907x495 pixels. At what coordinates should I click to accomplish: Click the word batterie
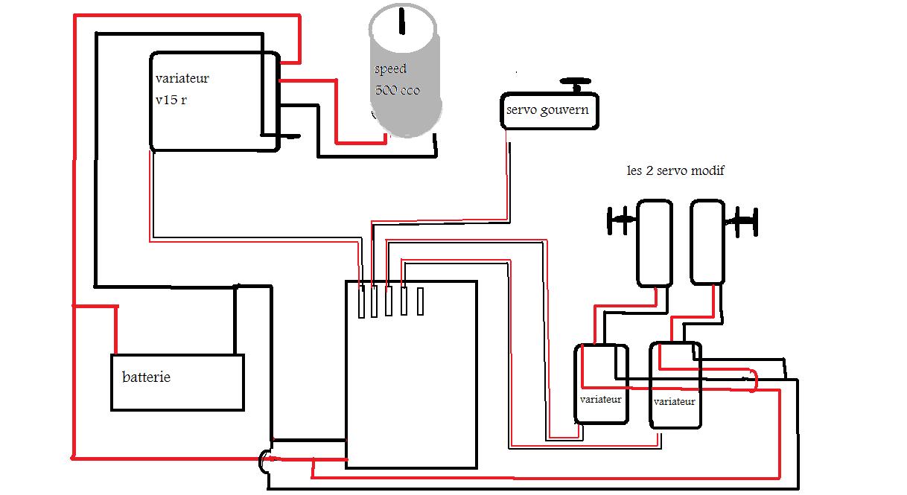pos(146,377)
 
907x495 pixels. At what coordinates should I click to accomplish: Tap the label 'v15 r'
pos(171,100)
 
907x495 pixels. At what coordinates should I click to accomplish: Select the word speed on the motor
pos(390,69)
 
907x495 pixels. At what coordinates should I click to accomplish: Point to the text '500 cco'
pos(397,90)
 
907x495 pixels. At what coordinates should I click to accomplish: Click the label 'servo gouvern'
pos(547,109)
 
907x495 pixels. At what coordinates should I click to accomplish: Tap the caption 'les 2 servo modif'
pos(675,170)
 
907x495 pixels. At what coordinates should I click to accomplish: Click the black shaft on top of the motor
pos(402,21)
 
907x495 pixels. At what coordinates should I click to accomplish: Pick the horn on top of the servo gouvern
pos(576,85)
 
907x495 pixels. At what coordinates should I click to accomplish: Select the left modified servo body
pos(655,243)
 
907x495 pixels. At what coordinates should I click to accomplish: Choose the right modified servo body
pos(707,242)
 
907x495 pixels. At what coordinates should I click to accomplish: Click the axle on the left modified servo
pos(622,220)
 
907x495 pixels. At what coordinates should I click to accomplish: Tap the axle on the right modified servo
pos(741,221)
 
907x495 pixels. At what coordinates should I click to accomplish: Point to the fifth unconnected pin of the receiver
pos(420,301)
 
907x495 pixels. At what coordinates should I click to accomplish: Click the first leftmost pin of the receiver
pos(362,301)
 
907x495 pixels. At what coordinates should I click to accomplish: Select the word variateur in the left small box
pos(600,400)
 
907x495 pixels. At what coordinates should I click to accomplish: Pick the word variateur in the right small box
pos(674,401)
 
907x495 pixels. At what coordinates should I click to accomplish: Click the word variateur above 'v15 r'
pos(182,78)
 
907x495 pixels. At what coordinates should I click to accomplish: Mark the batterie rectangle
pos(177,383)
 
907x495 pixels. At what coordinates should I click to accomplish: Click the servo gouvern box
pos(550,111)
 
